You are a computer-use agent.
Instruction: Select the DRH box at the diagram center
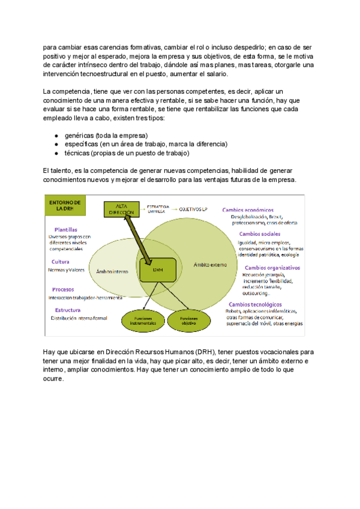pos(158,270)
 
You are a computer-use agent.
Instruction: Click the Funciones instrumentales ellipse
pos(142,321)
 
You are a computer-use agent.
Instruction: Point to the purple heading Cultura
pos(59,262)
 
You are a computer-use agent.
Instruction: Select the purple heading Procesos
pos(62,289)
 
